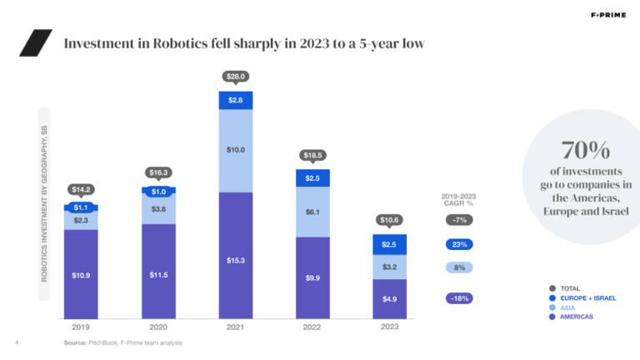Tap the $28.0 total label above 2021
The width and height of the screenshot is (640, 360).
point(236,77)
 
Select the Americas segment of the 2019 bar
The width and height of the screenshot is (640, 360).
point(81,274)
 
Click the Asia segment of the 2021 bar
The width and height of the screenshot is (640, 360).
point(236,150)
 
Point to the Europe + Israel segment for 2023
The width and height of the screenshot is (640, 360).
point(390,243)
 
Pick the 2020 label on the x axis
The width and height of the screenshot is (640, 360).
point(158,327)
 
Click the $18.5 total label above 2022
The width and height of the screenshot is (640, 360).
point(313,155)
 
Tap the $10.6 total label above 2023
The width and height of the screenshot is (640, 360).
point(390,220)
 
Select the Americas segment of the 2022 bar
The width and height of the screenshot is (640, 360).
point(313,277)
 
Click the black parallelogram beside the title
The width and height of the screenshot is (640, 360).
point(35,42)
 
